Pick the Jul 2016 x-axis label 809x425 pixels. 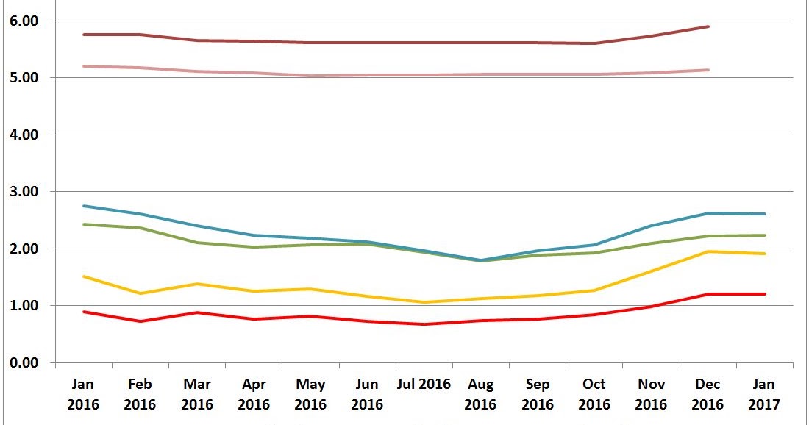[x=424, y=385]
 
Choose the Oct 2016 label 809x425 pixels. [x=594, y=394]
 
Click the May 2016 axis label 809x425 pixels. [x=310, y=394]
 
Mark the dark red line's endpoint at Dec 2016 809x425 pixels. [x=708, y=26]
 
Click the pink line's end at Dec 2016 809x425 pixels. [x=708, y=70]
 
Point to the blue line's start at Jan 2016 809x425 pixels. [x=84, y=206]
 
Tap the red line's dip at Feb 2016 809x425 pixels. [x=140, y=321]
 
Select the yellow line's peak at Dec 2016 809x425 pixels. [x=708, y=251]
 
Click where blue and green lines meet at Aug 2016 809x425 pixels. [x=481, y=260]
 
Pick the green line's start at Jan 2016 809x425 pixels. [x=84, y=224]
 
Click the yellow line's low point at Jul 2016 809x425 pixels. [x=424, y=302]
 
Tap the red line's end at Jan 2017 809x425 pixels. [x=765, y=294]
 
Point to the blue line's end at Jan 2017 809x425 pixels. [x=765, y=214]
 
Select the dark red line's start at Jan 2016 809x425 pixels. [x=84, y=35]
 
